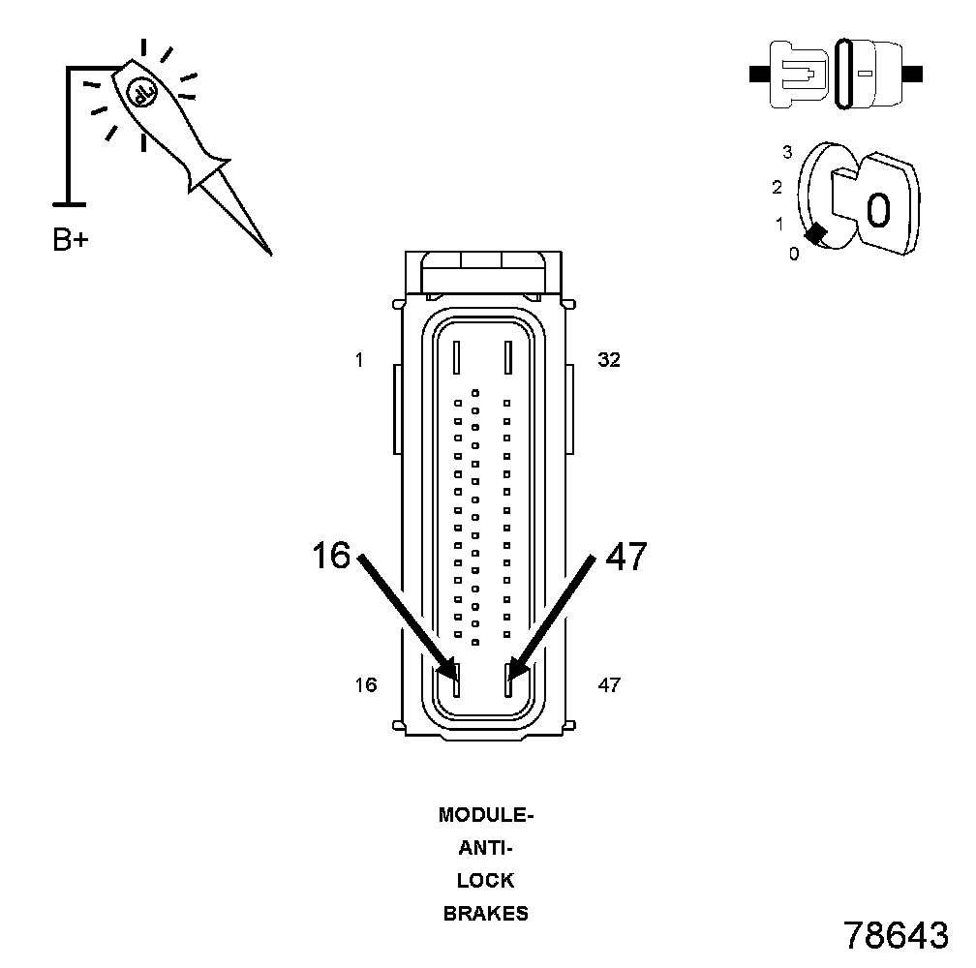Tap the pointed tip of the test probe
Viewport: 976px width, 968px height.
[269, 253]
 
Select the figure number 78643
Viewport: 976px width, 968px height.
[896, 935]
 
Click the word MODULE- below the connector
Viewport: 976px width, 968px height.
[486, 815]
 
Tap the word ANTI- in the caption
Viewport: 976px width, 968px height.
[486, 848]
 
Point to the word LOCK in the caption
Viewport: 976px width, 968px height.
[486, 881]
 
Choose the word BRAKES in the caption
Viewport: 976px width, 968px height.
[486, 913]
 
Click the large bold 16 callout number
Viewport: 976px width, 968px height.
[331, 557]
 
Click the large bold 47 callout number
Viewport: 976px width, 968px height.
[625, 557]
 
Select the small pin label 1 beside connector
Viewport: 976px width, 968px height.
[359, 361]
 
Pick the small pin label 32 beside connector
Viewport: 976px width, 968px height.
[609, 360]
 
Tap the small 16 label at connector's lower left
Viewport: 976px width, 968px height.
[365, 685]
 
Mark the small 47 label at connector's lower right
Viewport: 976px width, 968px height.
[609, 685]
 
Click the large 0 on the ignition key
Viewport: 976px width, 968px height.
[878, 209]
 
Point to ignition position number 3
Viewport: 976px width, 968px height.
[787, 152]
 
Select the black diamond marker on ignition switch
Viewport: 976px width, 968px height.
[816, 232]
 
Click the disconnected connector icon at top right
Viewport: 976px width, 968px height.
[837, 74]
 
